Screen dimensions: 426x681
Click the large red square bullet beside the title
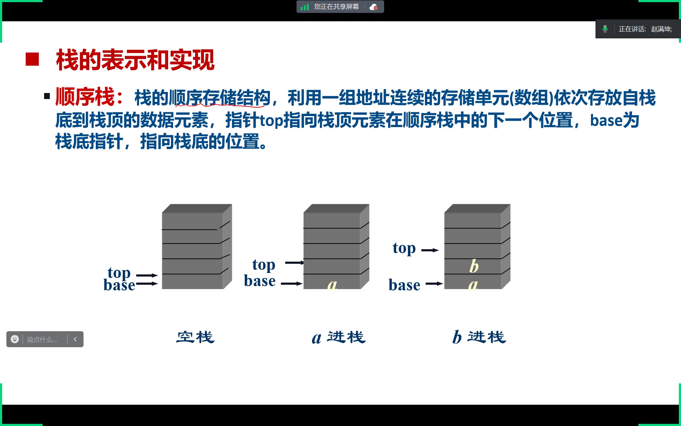pos(32,59)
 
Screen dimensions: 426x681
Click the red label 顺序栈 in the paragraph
pos(85,97)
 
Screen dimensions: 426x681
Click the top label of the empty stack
pos(119,273)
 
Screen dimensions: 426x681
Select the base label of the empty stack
pos(119,285)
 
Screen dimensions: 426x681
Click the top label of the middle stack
pos(264,265)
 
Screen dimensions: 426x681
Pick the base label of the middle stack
pos(260,281)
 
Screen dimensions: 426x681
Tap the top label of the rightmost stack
pos(404,248)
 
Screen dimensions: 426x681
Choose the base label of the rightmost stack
pos(404,285)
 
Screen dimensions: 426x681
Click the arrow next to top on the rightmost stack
pos(430,250)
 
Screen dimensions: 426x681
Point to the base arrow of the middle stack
pos(292,284)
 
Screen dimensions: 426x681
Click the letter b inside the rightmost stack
pos(474,266)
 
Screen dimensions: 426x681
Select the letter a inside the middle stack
pos(332,284)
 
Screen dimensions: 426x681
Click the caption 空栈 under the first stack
pos(195,337)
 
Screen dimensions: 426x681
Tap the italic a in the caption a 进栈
pos(316,338)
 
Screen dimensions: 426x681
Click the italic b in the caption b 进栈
pos(457,337)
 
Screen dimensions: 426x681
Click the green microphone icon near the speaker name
pos(605,29)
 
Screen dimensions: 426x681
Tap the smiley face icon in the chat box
pos(15,339)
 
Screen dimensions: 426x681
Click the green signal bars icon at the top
pos(305,7)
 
